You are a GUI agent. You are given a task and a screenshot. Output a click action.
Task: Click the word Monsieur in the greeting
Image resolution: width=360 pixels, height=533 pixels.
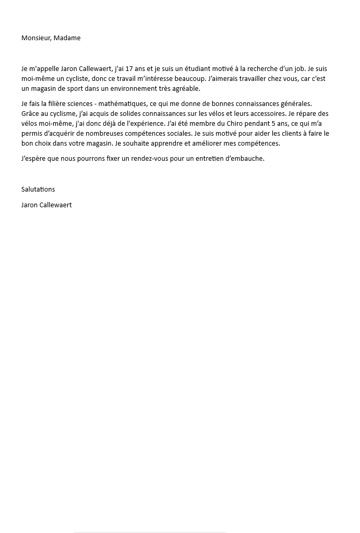pos(35,38)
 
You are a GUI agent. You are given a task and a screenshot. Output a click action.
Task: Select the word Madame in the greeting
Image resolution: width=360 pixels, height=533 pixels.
pos(67,38)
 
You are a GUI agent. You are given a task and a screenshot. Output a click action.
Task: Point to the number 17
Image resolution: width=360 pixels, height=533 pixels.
pos(128,69)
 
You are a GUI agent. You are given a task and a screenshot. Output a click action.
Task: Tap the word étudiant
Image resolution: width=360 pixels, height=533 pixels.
pos(197,69)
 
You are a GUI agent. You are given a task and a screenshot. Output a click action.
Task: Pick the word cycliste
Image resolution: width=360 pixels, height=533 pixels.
pos(73,79)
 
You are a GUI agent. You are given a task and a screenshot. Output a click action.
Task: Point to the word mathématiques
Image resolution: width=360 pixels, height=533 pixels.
pos(123,104)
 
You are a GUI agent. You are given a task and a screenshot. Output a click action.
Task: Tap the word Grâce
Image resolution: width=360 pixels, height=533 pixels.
pos(31,114)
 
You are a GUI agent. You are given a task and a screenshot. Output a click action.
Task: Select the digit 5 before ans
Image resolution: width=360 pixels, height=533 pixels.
pos(274,124)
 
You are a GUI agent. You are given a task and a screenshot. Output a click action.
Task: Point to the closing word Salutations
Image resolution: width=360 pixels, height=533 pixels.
pos(38,189)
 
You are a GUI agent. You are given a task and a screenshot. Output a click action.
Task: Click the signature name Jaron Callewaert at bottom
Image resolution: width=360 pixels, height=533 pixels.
pos(46,205)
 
